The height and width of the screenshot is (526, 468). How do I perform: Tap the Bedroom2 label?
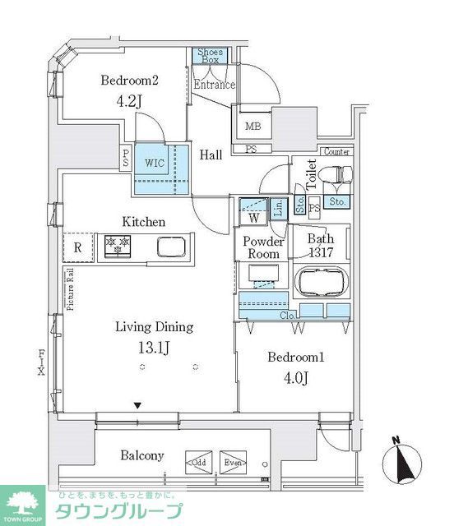point(129,81)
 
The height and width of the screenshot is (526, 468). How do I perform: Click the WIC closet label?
point(155,163)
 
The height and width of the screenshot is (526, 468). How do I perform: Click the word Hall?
point(211,153)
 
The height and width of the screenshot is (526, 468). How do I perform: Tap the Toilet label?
point(311,174)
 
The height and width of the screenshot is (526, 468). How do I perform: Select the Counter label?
point(337,152)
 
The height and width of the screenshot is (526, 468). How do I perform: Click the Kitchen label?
point(144,222)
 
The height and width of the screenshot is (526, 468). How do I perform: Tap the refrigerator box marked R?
point(77,247)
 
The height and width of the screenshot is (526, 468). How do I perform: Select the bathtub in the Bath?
point(322,282)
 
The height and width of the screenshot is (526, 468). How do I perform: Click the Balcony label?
point(142,455)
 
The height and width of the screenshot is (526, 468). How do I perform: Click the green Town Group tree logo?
point(25,501)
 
